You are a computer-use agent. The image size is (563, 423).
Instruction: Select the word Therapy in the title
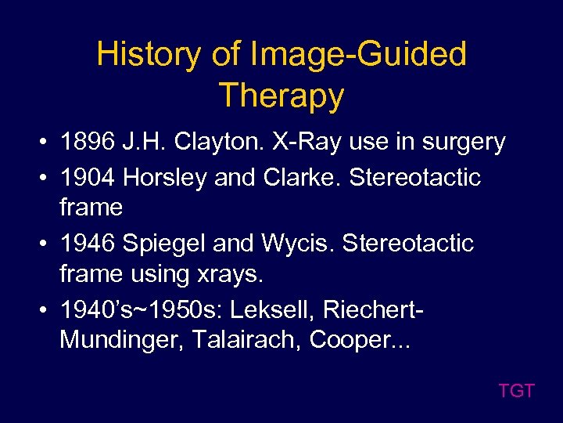(281, 96)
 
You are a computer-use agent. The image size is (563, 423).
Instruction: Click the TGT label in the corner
(516, 391)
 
